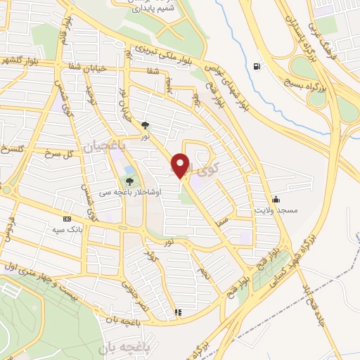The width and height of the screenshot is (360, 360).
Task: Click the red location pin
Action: click(182, 166)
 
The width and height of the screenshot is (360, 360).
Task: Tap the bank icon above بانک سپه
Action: click(67, 219)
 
